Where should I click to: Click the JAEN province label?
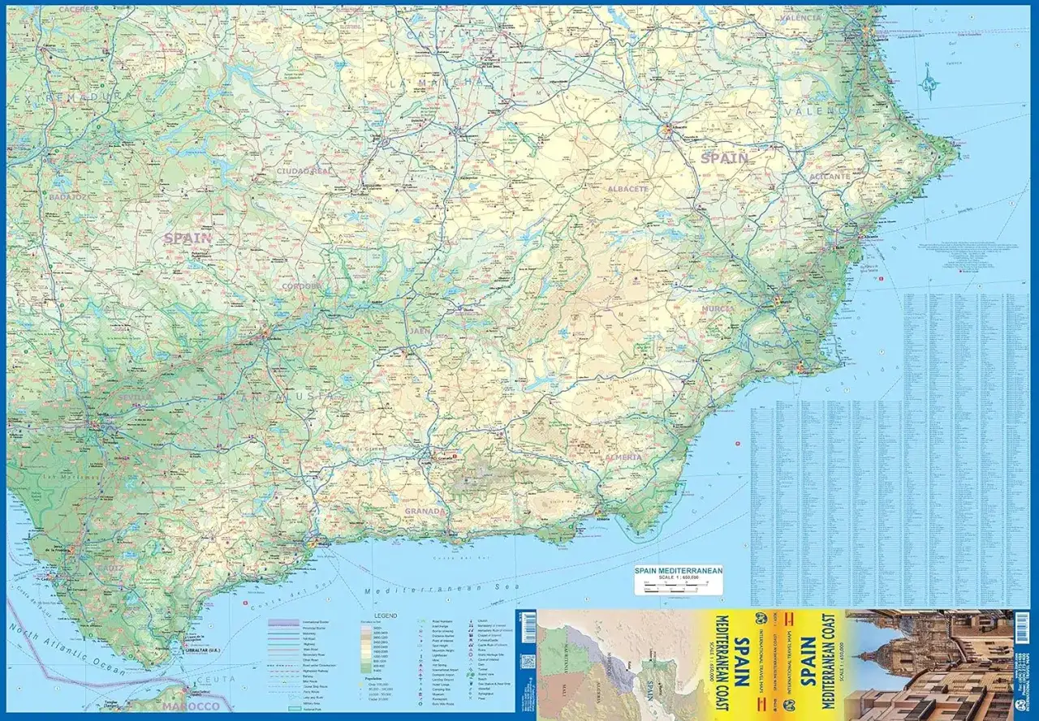420,331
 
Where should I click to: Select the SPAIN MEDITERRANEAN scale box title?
679,572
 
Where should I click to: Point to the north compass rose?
929,82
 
